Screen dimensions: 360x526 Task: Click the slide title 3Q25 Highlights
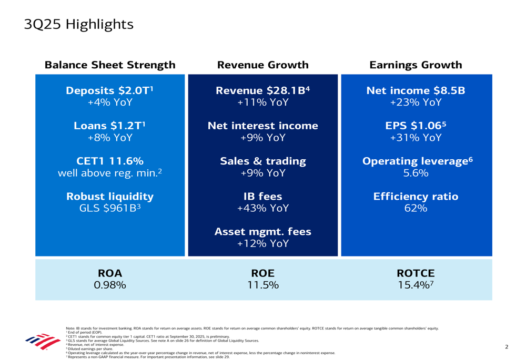[79, 25]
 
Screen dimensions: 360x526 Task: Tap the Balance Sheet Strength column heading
[110, 65]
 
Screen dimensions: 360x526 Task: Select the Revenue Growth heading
[262, 65]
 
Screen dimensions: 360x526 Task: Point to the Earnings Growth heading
[416, 65]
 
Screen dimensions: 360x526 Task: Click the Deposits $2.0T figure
[109, 90]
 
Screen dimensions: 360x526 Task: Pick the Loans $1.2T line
[109, 126]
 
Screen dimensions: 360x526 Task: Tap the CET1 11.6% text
[109, 161]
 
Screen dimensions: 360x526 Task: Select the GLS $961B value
[109, 208]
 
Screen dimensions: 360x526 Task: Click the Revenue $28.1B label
[262, 90]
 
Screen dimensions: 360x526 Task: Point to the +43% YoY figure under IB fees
[262, 208]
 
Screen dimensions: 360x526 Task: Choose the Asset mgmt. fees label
[262, 232]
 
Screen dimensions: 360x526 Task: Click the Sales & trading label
[262, 161]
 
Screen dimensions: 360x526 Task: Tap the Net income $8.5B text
[416, 90]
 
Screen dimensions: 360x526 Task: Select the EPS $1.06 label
[416, 126]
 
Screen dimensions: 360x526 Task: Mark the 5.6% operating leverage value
[416, 173]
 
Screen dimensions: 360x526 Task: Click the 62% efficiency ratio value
[416, 208]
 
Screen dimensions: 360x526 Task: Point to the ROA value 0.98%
[110, 285]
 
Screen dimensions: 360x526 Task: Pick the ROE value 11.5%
[262, 285]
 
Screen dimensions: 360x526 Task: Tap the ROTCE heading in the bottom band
[416, 274]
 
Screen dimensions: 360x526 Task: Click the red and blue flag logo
[43, 341]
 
